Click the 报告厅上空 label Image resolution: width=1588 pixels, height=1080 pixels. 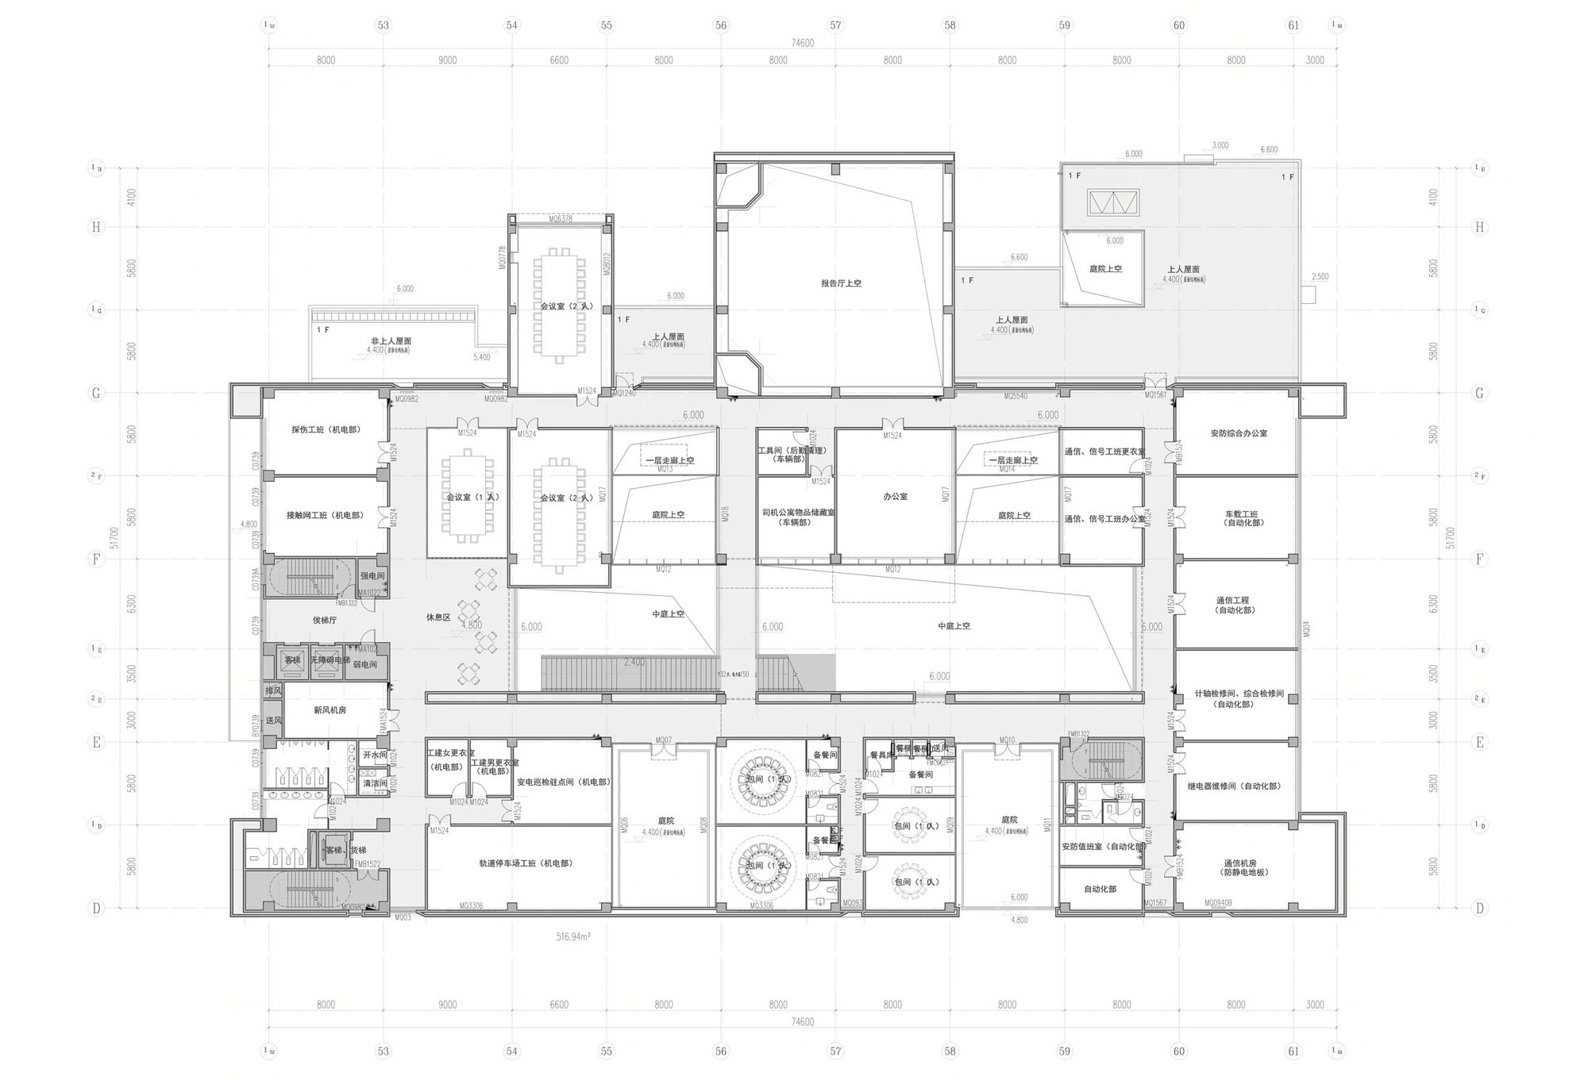pos(841,283)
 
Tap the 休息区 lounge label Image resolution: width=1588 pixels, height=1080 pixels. pos(438,617)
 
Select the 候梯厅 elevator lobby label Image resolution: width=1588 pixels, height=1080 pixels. pos(325,620)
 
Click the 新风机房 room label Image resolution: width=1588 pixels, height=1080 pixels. pos(330,710)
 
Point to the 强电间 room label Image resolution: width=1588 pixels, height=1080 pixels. pos(372,576)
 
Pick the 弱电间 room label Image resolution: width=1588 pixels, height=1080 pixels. pos(364,665)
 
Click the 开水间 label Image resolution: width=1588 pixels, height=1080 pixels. pos(375,755)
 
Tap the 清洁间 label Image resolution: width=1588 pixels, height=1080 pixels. pos(375,783)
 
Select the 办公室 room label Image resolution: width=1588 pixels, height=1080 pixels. pos(895,497)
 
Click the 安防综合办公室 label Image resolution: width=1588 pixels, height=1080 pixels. pos(1238,433)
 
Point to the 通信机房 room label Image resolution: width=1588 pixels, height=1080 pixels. pos(1239,867)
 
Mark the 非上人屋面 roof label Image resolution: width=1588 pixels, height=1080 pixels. pos(391,341)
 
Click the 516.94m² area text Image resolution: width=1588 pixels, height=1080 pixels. pos(572,937)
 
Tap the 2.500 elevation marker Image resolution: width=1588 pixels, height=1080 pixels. pos(1320,277)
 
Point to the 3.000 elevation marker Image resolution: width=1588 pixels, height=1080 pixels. pos(1220,145)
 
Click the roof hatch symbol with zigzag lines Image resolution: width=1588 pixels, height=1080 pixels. pos(1113,203)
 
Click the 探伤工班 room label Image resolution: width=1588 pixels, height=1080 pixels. pos(326,429)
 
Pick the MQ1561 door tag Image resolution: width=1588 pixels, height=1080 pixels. pos(1155,395)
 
